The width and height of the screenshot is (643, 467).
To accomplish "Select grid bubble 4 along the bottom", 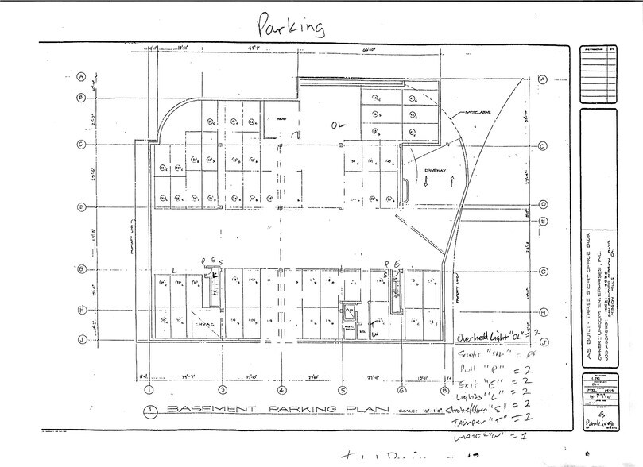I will [281, 390].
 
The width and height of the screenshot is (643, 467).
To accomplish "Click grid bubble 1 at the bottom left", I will [149, 390].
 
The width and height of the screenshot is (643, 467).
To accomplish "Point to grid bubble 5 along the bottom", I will [342, 390].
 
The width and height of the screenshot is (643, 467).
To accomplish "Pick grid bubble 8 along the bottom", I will [442, 390].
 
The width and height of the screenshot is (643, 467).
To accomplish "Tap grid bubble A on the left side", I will [81, 77].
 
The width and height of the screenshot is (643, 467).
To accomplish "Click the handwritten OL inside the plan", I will [339, 125].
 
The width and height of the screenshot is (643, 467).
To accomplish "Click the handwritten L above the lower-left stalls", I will [173, 271].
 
